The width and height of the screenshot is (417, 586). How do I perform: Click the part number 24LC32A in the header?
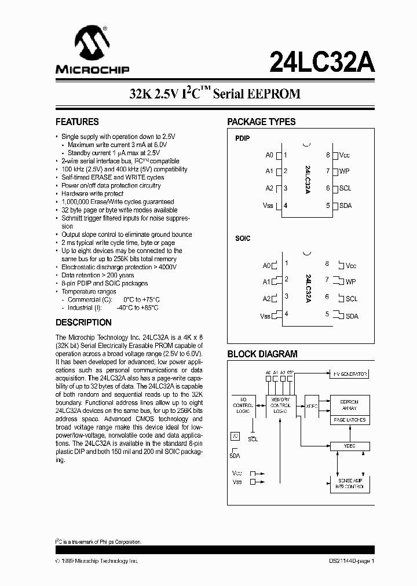click(321, 61)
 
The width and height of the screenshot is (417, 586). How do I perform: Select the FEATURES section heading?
click(77, 122)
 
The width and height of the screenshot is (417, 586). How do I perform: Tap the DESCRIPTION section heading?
click(83, 323)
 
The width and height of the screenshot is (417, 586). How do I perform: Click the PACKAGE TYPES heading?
click(261, 122)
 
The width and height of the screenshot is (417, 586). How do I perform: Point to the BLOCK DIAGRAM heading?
click(262, 354)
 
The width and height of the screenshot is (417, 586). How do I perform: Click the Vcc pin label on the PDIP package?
click(345, 155)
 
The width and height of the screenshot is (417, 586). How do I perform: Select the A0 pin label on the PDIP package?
click(269, 155)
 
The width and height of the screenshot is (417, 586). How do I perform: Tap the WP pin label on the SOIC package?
click(350, 282)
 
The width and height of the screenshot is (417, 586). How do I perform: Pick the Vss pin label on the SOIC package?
click(266, 316)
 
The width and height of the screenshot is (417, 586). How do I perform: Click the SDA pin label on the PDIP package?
click(345, 206)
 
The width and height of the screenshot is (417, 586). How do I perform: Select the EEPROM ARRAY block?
click(348, 404)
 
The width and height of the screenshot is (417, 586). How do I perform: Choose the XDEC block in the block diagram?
click(312, 406)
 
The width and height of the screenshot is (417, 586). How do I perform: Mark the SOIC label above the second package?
click(243, 239)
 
